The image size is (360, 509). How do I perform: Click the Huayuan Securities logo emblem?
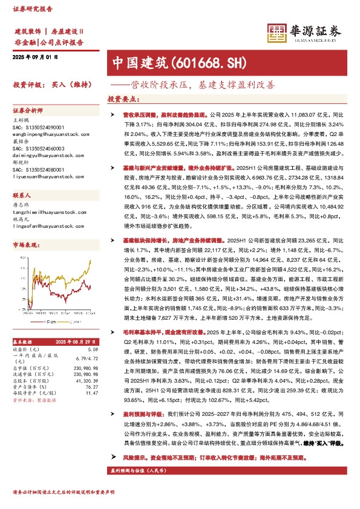[x=277, y=33]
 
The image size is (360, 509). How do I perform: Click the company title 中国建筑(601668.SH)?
[x=163, y=63]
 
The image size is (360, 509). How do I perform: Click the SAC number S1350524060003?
[x=36, y=147]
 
